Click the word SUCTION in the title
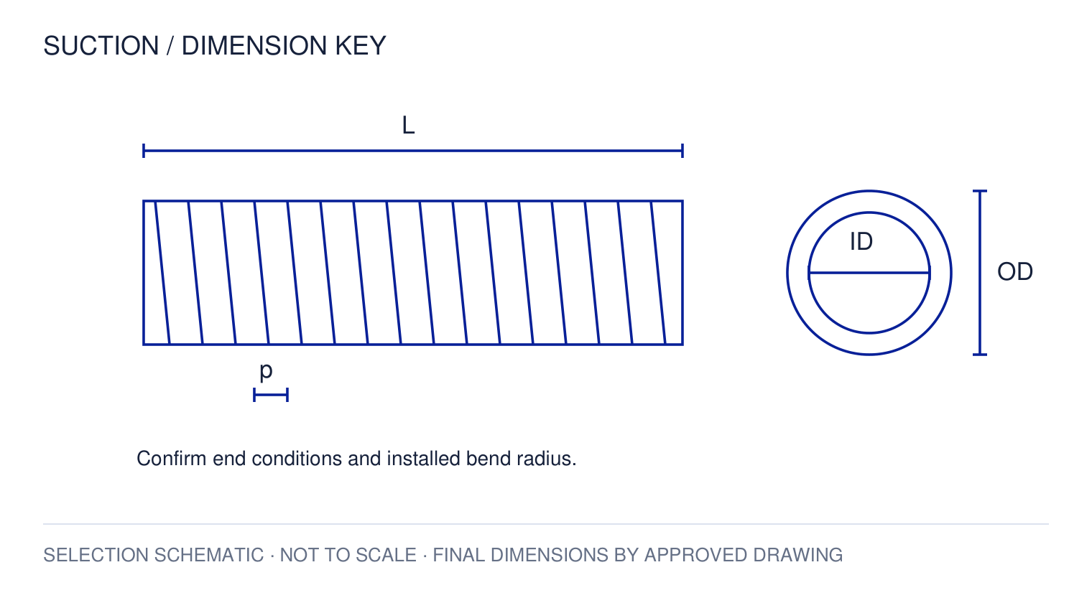click(x=101, y=46)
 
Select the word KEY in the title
click(x=360, y=46)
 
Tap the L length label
click(x=408, y=125)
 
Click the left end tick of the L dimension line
click(x=144, y=151)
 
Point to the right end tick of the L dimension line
click(x=682, y=151)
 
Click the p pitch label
click(x=266, y=372)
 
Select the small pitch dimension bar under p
click(x=271, y=395)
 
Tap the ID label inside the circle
click(x=861, y=242)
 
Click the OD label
click(x=1015, y=272)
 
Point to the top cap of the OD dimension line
click(x=980, y=191)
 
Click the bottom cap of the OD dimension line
click(x=980, y=355)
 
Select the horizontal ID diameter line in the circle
click(x=869, y=273)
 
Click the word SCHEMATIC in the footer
click(x=209, y=556)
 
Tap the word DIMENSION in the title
click(x=254, y=46)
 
